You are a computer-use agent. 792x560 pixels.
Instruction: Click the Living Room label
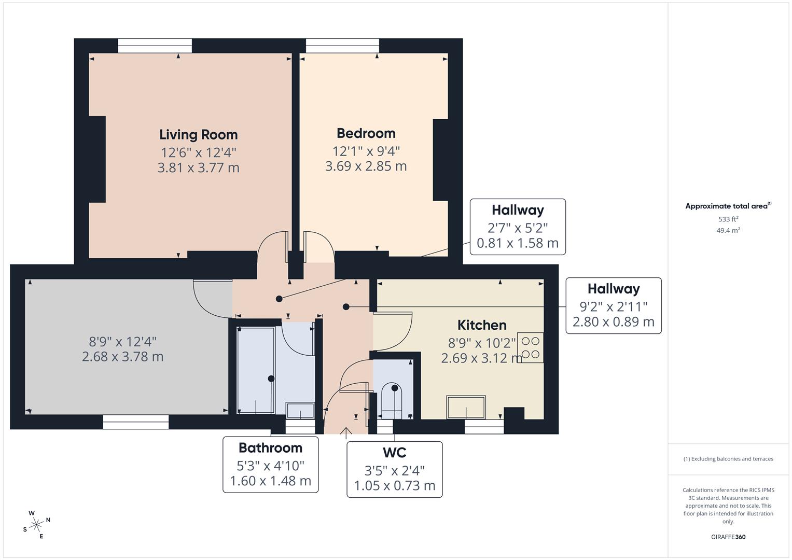click(x=198, y=135)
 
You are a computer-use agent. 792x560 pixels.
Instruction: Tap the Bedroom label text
click(x=366, y=133)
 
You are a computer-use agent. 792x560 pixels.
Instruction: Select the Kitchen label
click(x=481, y=325)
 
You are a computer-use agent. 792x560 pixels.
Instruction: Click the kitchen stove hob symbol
click(x=530, y=347)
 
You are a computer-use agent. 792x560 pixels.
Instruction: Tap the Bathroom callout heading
click(x=270, y=448)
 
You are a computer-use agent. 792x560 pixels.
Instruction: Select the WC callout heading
click(x=394, y=453)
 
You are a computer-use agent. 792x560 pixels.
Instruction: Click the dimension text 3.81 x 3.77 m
click(x=198, y=168)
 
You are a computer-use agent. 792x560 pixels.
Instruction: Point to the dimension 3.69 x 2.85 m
click(x=366, y=166)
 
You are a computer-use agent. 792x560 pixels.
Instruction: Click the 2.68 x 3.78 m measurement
click(x=122, y=357)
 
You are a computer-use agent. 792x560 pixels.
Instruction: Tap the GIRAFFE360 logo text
click(x=728, y=537)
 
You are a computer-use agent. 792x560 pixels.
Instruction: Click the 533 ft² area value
click(x=728, y=219)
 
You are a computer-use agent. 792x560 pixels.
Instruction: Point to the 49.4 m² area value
click(x=728, y=231)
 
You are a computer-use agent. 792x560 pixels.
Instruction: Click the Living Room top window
click(x=155, y=46)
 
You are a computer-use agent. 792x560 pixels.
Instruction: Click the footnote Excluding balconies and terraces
click(x=728, y=459)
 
